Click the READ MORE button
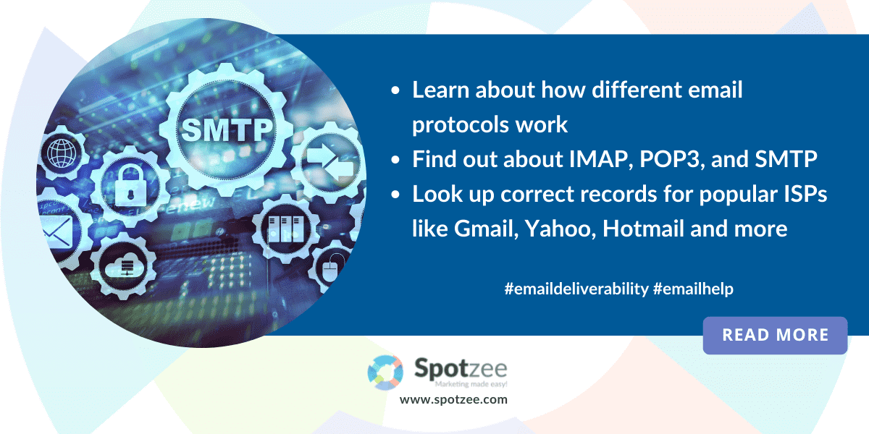coord(775,335)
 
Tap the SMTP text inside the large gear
coord(227,129)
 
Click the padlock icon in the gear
coord(130,186)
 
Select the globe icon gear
coord(62,153)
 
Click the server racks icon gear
coord(286,229)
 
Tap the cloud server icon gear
coord(123,266)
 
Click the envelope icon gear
coord(58,231)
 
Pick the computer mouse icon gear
coord(330,268)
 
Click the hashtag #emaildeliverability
coord(576,289)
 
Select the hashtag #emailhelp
coord(693,289)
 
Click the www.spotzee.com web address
coord(453,399)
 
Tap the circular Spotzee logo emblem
coord(385,373)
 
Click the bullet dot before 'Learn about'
coord(395,90)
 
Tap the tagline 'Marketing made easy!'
coord(471,384)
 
